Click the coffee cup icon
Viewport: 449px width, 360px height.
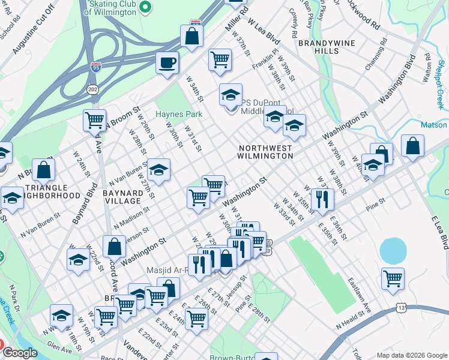pyautogui.click(x=167, y=62)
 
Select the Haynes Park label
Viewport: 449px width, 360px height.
pyautogui.click(x=179, y=114)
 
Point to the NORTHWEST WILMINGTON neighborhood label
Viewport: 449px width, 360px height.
pyautogui.click(x=265, y=152)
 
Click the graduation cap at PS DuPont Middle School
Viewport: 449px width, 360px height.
pyautogui.click(x=230, y=94)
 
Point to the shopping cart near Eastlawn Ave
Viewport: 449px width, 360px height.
pyautogui.click(x=392, y=278)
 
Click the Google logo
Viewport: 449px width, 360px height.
pyautogui.click(x=20, y=353)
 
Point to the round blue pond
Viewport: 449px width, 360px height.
pyautogui.click(x=393, y=250)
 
